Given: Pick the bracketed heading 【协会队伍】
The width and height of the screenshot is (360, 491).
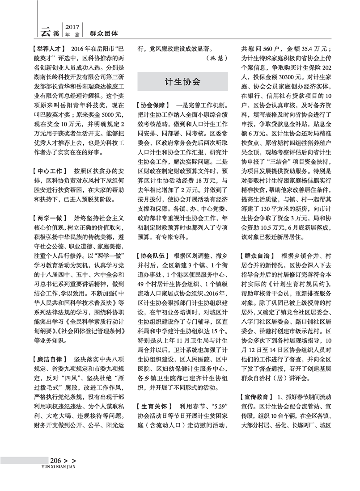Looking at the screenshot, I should click(153, 256).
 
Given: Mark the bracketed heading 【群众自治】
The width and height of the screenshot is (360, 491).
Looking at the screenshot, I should click(257, 256).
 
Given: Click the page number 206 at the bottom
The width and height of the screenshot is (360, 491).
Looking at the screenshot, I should click(55, 461).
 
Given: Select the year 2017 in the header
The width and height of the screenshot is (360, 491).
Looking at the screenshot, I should click(72, 25).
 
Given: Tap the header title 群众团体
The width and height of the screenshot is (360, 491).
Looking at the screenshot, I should click(104, 33).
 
